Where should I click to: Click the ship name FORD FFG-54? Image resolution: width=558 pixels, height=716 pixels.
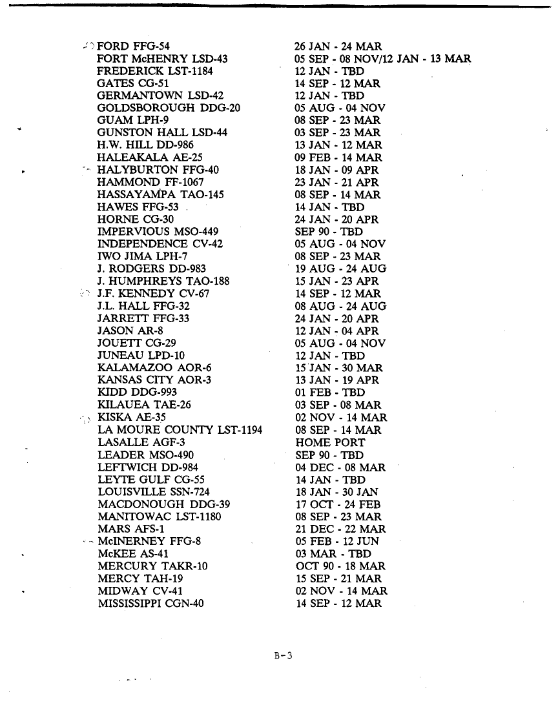[133, 46]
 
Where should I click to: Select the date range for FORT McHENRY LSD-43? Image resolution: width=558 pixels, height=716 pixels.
[383, 59]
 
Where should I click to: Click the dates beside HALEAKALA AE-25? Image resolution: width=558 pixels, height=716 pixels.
[338, 158]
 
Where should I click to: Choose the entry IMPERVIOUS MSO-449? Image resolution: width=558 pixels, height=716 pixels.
[158, 232]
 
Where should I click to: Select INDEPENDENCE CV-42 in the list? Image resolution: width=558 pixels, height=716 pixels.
[160, 244]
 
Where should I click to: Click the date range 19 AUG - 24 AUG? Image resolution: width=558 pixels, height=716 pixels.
[340, 269]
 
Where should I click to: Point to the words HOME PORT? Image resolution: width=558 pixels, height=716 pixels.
[330, 443]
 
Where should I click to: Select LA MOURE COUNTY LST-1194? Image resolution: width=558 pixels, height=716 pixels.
[180, 430]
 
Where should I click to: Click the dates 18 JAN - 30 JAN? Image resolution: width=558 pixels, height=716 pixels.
[336, 492]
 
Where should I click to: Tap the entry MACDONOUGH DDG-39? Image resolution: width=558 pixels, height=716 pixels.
[164, 504]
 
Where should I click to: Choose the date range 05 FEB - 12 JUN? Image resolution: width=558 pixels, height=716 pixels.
[337, 542]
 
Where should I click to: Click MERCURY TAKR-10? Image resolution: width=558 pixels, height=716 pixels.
[152, 566]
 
